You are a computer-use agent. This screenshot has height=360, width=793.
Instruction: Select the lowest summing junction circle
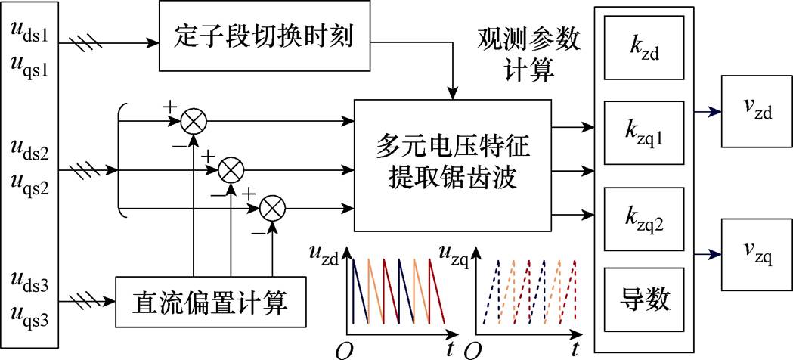271,206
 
